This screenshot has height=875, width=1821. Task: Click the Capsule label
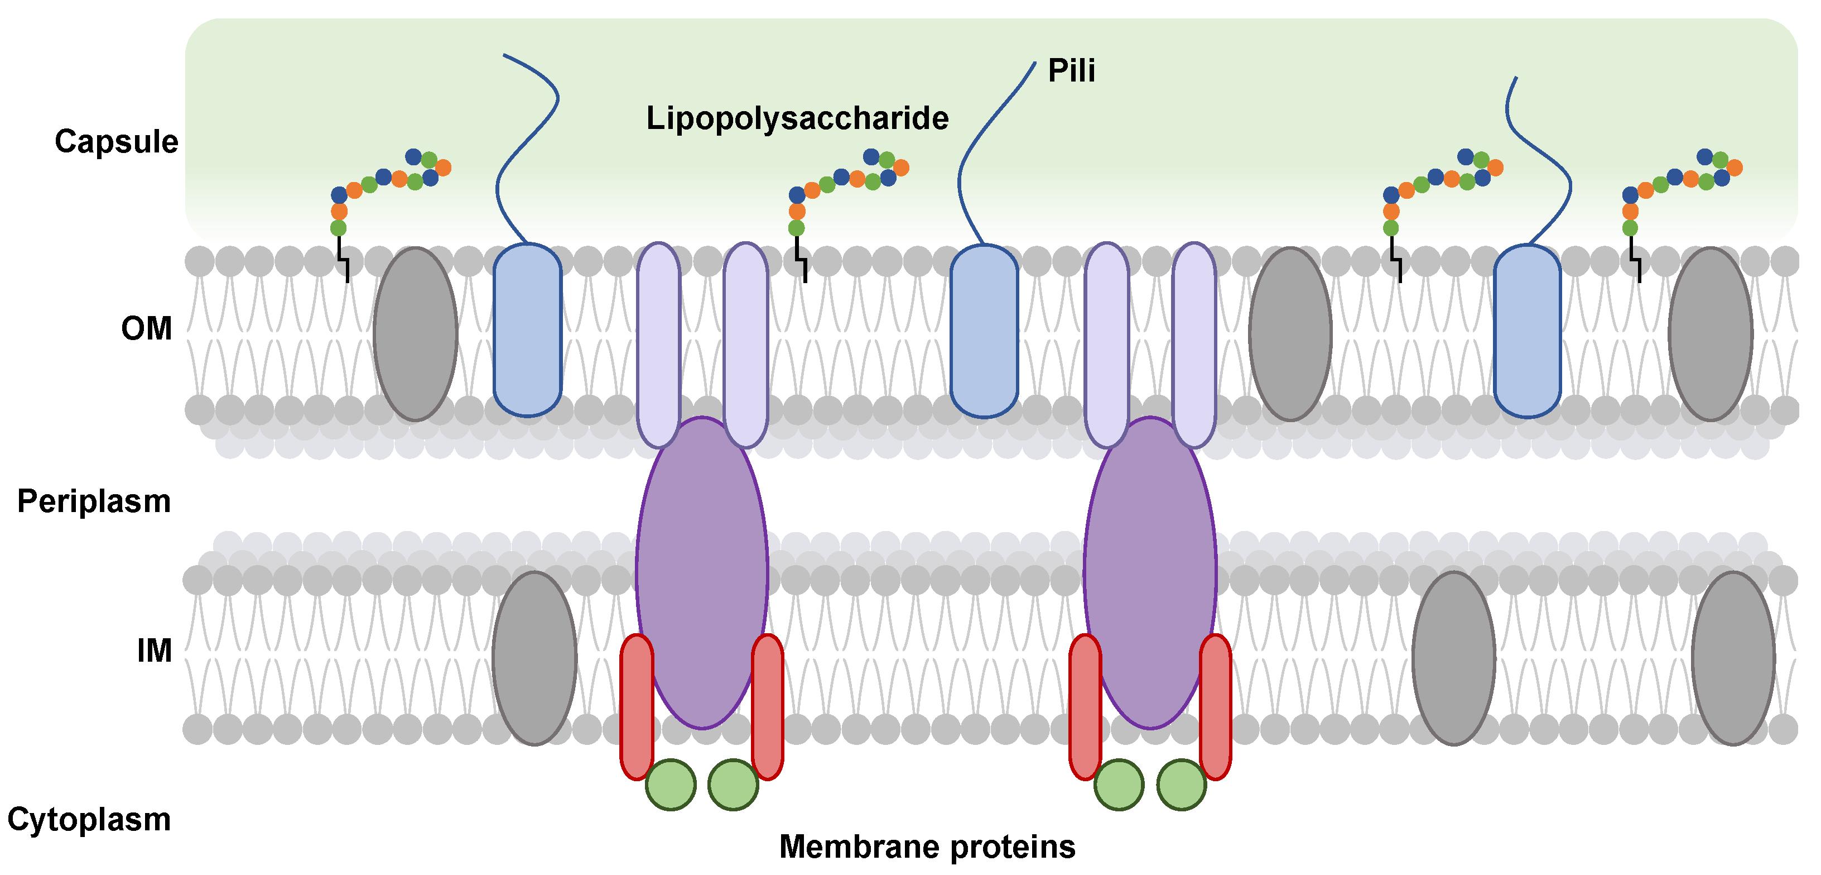point(117,141)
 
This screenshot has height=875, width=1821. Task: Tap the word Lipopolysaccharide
point(797,118)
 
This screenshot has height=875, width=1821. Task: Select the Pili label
point(1071,71)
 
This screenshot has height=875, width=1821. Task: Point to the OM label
point(146,328)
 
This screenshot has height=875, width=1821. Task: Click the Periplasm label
point(94,501)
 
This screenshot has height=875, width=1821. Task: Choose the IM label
point(154,650)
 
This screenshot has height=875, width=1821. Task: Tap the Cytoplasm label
point(89,819)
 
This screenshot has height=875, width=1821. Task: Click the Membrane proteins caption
point(927,846)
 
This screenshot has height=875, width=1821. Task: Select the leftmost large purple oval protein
point(701,573)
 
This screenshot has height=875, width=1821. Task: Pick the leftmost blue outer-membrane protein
point(527,329)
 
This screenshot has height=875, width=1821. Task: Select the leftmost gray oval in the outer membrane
point(415,334)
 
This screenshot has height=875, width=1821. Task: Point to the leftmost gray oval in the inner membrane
point(534,658)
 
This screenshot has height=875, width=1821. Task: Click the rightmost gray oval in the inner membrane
point(1733,658)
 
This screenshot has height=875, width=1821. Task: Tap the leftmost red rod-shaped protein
point(636,707)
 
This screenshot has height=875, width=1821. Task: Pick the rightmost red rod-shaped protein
point(1215,707)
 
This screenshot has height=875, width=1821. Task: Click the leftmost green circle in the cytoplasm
point(670,784)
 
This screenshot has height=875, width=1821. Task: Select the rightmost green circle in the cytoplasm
point(1181,784)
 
